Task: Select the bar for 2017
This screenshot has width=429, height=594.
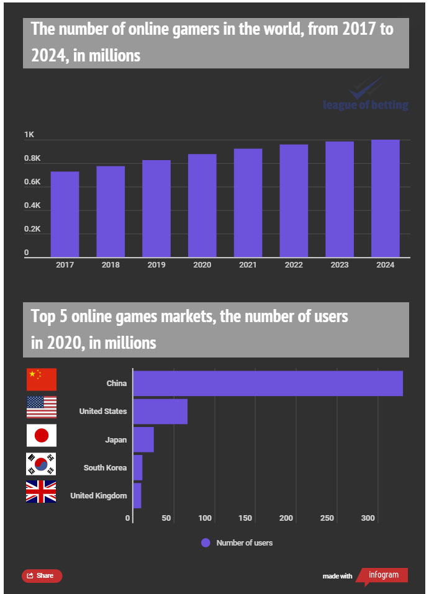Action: point(65,214)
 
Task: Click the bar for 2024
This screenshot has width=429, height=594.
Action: point(385,198)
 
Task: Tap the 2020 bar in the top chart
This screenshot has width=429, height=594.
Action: point(202,205)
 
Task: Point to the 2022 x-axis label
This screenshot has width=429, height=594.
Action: point(294,265)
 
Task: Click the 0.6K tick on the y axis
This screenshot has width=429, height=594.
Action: point(32,182)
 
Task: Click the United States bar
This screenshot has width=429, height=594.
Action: point(160,411)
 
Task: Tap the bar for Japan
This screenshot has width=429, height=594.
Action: point(143,439)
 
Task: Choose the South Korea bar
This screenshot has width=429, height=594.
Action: point(138,467)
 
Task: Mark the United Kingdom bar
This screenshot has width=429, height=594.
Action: point(137,495)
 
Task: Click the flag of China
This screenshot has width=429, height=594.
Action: point(42,379)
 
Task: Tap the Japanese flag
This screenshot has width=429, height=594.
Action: point(42,435)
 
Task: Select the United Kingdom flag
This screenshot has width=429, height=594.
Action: point(42,492)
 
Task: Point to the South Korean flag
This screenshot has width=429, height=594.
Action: point(42,464)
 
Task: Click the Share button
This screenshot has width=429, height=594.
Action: point(42,575)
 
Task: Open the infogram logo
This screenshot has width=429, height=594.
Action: point(383,575)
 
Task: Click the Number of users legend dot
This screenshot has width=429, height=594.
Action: point(205,542)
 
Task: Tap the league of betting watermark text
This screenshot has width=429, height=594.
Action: point(366,104)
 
